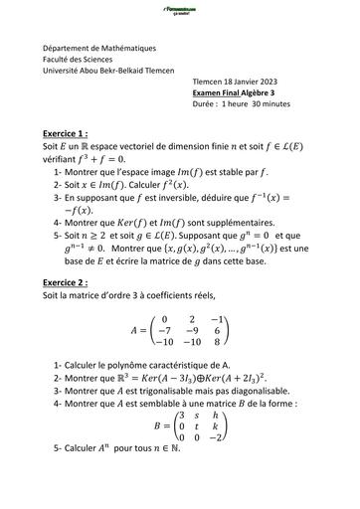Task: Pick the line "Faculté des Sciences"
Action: coord(78,59)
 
